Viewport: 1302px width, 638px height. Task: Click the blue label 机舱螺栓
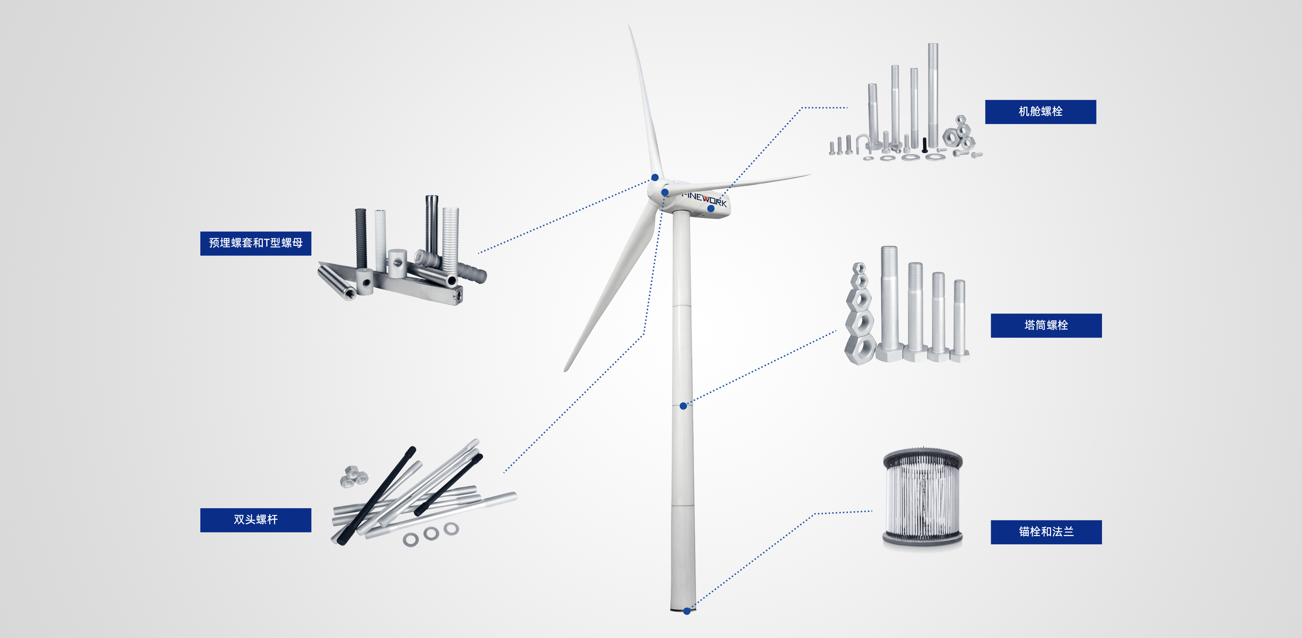1040,112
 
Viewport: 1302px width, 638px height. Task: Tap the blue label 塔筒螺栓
1046,325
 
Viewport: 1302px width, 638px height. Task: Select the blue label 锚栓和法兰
1046,532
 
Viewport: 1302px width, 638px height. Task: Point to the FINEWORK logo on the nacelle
704,199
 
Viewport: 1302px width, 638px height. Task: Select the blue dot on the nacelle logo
711,208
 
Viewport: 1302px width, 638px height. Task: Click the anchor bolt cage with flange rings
922,498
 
